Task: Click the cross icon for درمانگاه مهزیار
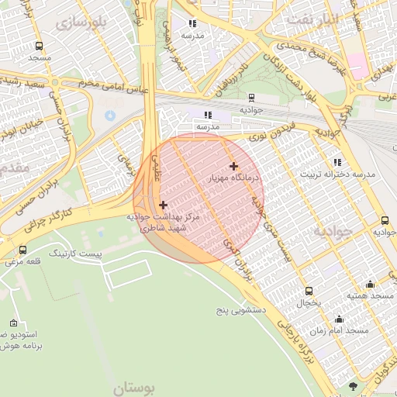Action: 233,166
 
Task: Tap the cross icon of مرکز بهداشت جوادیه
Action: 163,205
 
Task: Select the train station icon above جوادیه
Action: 251,98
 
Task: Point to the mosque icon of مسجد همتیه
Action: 369,284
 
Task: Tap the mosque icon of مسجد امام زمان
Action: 339,319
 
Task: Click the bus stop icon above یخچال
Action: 309,291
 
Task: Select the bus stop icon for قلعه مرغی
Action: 22,250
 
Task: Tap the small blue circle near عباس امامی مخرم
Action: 109,116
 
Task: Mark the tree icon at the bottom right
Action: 354,385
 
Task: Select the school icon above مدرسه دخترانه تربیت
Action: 337,161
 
